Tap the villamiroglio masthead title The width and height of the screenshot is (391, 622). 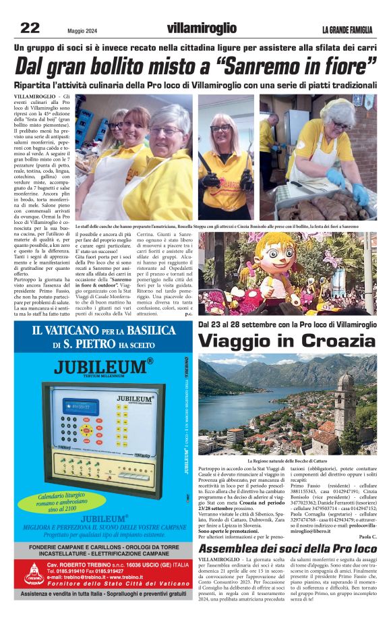[202, 28]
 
